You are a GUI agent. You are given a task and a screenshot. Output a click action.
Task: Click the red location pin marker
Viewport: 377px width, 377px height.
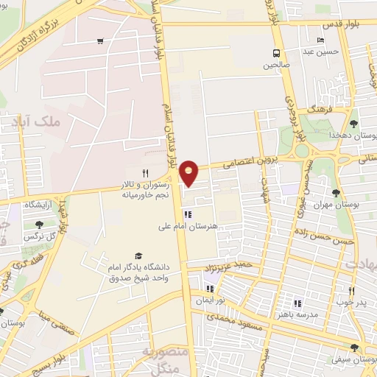point(189,172)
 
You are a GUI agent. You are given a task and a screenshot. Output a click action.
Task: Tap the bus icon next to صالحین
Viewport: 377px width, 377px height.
point(276,53)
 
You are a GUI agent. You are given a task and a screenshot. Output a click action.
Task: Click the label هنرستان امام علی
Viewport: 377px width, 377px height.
point(188,228)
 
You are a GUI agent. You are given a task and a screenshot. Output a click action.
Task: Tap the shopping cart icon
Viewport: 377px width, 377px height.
point(99,41)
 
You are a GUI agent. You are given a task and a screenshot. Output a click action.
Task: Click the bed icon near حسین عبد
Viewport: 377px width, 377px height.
point(319,40)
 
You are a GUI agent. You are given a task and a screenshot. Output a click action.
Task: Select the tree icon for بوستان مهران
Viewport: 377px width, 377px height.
point(337,193)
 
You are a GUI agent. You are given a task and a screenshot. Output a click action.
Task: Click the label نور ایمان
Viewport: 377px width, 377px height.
point(210,300)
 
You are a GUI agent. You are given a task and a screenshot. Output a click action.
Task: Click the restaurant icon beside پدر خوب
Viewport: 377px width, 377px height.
point(351,292)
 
